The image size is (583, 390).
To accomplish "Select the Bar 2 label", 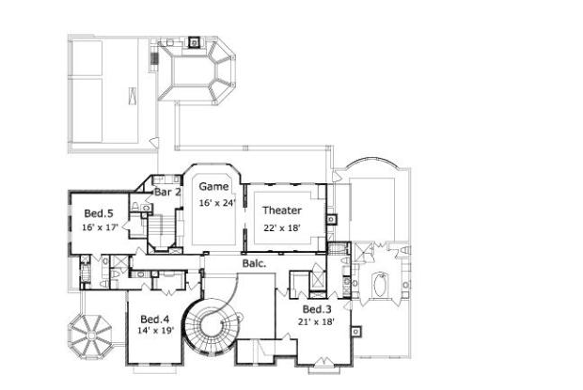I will click(x=167, y=192).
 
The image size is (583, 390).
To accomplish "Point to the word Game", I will click(x=213, y=187).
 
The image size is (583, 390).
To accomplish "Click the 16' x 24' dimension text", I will click(x=216, y=203).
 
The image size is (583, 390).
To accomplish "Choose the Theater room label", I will click(x=282, y=210).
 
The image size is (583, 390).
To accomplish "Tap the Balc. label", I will click(x=254, y=264).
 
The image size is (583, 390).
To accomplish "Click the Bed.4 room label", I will click(x=154, y=318).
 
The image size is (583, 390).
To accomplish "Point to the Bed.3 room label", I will click(x=317, y=309).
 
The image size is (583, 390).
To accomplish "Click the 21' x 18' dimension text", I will click(x=318, y=322).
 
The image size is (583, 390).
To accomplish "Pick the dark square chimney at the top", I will click(x=194, y=41).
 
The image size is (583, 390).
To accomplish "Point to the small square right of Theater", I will click(x=331, y=220).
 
